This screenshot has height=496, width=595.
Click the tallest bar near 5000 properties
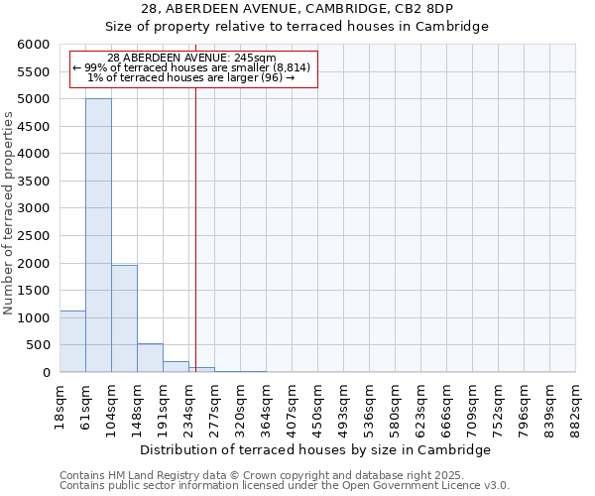pos(98,235)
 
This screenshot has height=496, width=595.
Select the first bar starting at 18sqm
pos(72,341)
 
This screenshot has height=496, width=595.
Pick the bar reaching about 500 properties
pos(150,358)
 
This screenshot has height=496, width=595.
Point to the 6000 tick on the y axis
pos(35,45)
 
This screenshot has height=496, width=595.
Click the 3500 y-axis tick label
pos(35,182)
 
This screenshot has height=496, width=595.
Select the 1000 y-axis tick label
pos(35,318)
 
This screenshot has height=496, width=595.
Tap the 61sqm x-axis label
pos(85,404)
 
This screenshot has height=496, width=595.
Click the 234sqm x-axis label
pos(188,406)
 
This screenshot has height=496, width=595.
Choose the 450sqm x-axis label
pos(317,406)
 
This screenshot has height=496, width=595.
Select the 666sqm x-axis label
pos(446,406)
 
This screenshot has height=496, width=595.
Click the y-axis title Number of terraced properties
pos(10,213)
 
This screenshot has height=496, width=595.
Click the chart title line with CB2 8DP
pos(297,9)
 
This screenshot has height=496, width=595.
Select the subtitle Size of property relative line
pos(297,27)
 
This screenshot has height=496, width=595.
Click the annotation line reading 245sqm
pos(192,59)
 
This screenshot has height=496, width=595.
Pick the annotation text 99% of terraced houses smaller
pos(192,67)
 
